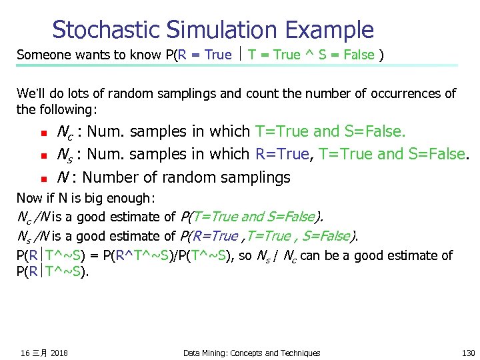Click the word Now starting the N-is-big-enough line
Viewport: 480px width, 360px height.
tap(28, 198)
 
